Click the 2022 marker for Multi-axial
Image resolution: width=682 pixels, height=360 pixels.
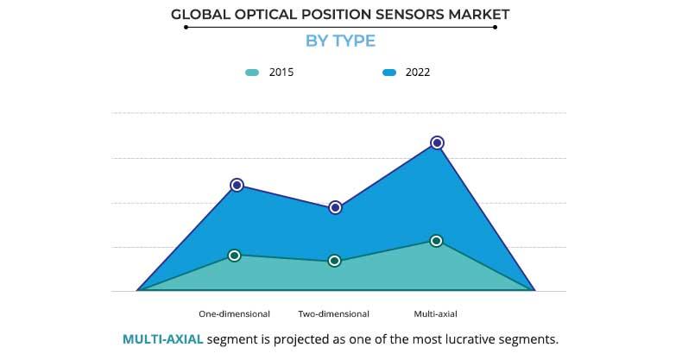click(437, 142)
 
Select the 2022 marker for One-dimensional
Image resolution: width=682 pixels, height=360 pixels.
click(237, 185)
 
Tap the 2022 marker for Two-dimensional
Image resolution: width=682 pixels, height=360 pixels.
click(336, 207)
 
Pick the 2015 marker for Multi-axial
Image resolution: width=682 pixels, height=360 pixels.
click(437, 241)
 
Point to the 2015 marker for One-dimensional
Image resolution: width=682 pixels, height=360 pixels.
click(235, 255)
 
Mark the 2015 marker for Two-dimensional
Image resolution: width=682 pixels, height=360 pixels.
click(335, 261)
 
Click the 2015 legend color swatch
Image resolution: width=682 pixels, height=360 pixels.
click(251, 73)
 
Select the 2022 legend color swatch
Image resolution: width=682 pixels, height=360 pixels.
click(388, 73)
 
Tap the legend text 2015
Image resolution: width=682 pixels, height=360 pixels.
click(281, 73)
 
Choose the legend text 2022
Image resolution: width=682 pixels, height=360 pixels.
click(417, 73)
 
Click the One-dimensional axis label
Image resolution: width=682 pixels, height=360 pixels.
click(234, 313)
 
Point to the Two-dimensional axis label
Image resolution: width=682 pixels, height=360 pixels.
click(333, 313)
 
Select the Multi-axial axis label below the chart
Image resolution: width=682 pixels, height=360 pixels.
click(436, 313)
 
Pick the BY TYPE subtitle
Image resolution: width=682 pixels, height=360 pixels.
click(340, 41)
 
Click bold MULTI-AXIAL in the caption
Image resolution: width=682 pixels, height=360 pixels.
click(163, 338)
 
